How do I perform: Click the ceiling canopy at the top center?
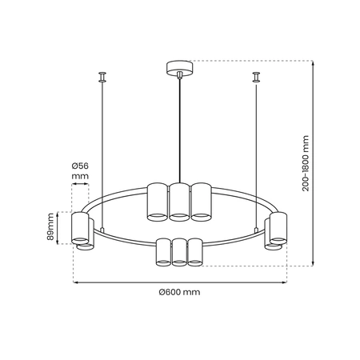click(179, 67)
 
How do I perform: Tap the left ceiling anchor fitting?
click(102, 77)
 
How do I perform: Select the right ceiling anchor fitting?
click(256, 77)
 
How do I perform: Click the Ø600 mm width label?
click(179, 293)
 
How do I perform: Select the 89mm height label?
click(50, 227)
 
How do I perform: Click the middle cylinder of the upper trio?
click(179, 201)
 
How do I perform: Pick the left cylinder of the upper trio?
click(158, 201)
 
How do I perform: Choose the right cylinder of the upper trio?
click(200, 201)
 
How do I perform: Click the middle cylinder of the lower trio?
click(179, 251)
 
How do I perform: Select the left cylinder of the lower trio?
click(163, 251)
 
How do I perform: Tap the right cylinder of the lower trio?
click(194, 251)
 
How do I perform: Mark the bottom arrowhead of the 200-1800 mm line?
click(312, 262)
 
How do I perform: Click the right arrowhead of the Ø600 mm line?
click(284, 281)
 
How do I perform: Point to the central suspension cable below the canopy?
click(179, 128)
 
